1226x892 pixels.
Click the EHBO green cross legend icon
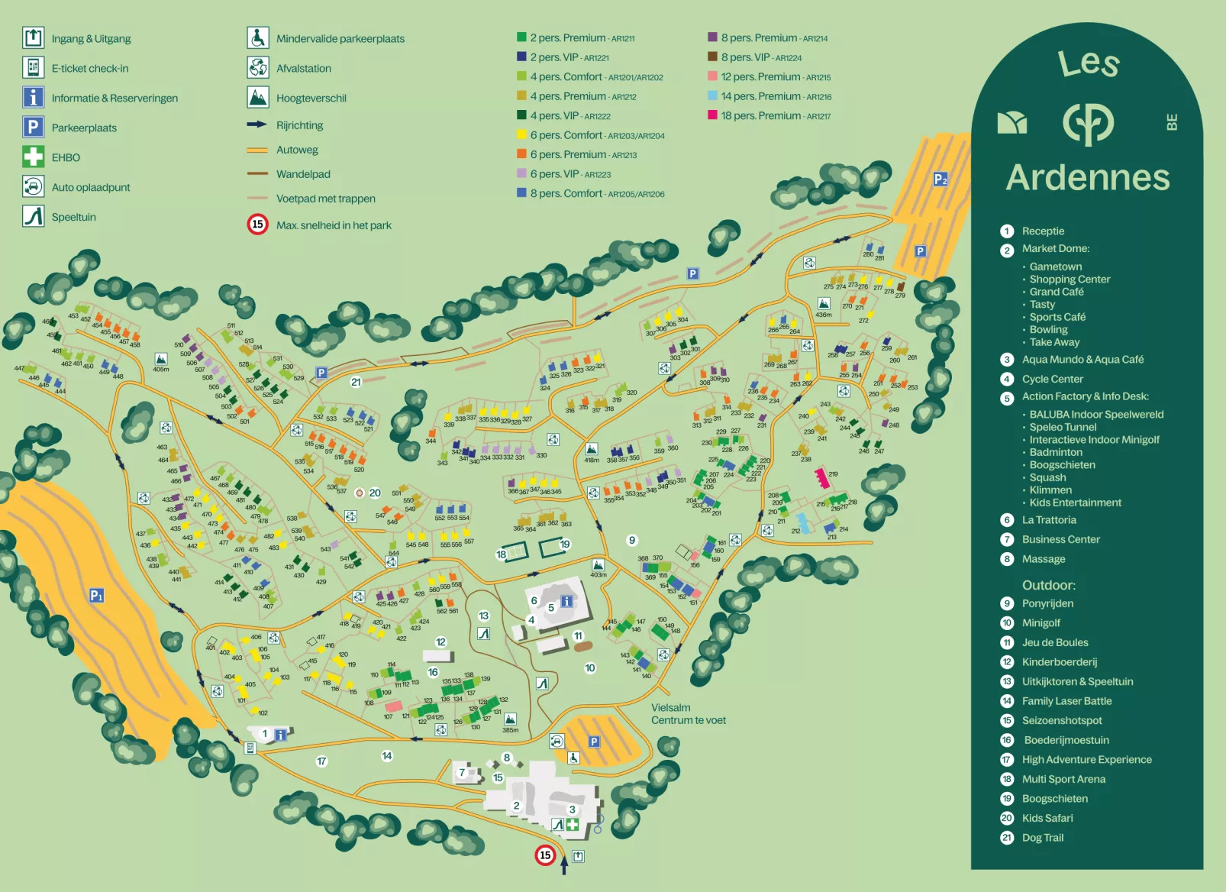coord(33,157)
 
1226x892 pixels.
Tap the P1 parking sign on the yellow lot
coord(96,595)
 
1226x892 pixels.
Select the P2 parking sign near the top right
coord(940,179)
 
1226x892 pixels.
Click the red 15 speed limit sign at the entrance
coord(544,855)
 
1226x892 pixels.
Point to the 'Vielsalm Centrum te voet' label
coord(688,714)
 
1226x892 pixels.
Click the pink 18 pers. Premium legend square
coord(712,115)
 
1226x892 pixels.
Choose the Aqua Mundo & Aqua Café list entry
coord(1082,360)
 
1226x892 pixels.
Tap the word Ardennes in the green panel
coord(1087,178)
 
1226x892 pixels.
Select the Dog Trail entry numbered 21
coord(1042,838)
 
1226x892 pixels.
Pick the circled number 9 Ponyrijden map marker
coord(632,540)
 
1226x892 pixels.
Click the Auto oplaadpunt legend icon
coord(33,186)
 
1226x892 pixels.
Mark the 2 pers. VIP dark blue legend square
coord(521,57)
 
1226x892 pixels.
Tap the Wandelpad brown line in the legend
coord(257,174)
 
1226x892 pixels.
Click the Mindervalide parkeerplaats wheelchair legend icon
coord(258,37)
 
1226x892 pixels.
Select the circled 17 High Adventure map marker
coord(321,761)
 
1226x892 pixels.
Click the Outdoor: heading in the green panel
coord(1048,585)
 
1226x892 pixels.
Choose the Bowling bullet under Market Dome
coord(1048,329)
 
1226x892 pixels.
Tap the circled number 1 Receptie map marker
coord(265,734)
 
